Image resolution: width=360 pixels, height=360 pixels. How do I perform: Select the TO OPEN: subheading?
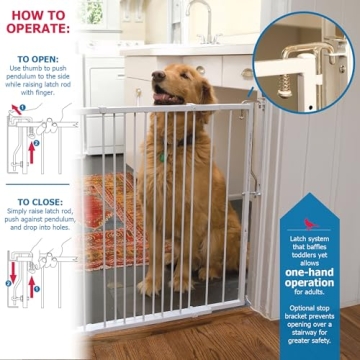[38, 58]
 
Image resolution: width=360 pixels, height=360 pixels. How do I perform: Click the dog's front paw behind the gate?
[149, 289]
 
